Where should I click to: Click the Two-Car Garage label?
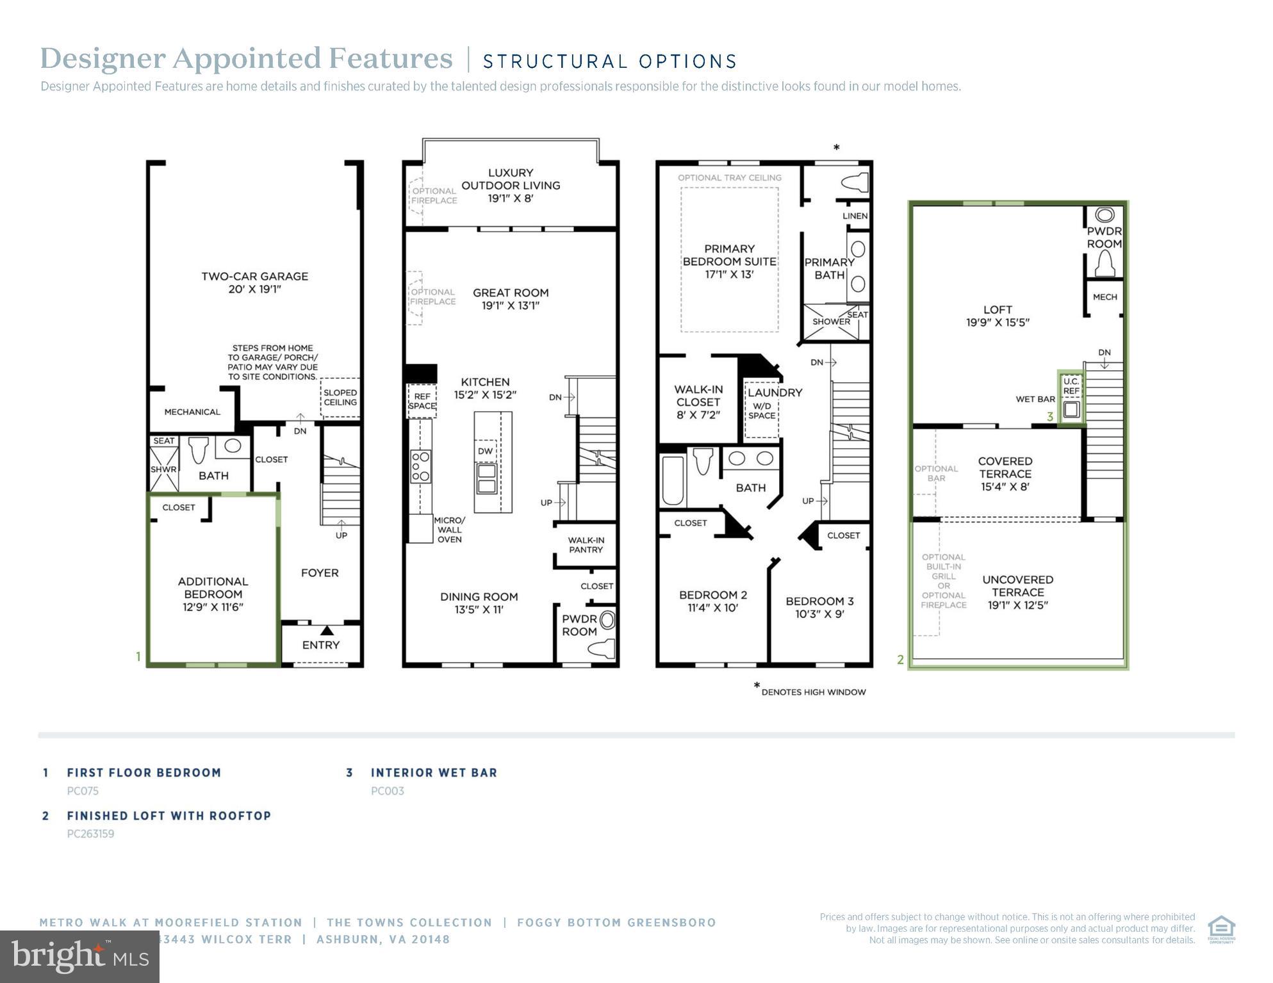point(254,277)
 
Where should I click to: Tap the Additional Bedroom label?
point(213,588)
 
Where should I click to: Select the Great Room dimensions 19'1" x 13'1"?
point(510,306)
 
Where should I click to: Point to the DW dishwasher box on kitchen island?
point(485,451)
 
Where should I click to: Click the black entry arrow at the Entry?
point(327,630)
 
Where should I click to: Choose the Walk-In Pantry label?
point(586,545)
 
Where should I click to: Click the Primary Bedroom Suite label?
point(729,256)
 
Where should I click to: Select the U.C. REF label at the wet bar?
point(1071,386)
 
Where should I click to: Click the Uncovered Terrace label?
point(1017,586)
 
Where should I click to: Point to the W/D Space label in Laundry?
point(762,410)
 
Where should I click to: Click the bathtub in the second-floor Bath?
point(673,480)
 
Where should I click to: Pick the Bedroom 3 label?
point(819,601)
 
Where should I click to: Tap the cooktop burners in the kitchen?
point(420,467)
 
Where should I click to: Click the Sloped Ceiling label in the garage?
point(340,398)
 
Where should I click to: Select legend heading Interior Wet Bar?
point(434,773)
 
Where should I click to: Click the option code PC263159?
point(90,834)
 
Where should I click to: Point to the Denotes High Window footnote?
point(813,692)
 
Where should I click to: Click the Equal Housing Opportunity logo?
point(1221,929)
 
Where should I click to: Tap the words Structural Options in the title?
point(609,61)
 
